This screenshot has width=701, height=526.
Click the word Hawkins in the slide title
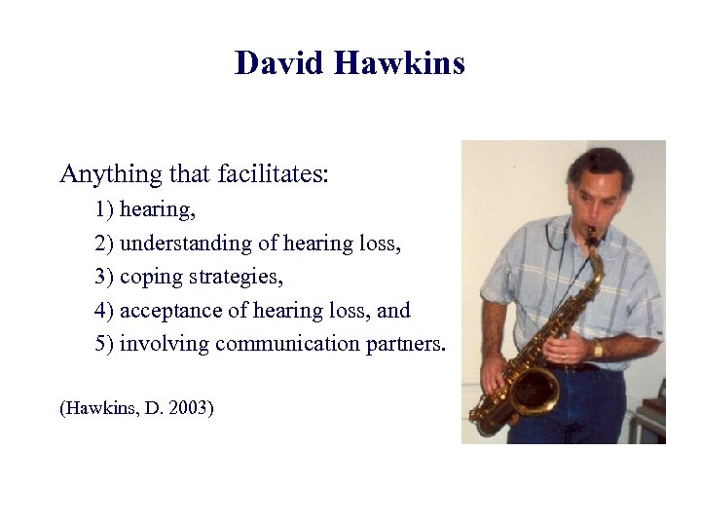399,63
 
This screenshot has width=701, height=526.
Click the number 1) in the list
105,209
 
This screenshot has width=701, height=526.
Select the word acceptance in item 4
183,311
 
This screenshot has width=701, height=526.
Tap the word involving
165,344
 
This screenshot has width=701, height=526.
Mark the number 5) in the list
105,344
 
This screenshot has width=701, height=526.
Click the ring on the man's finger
563,357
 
